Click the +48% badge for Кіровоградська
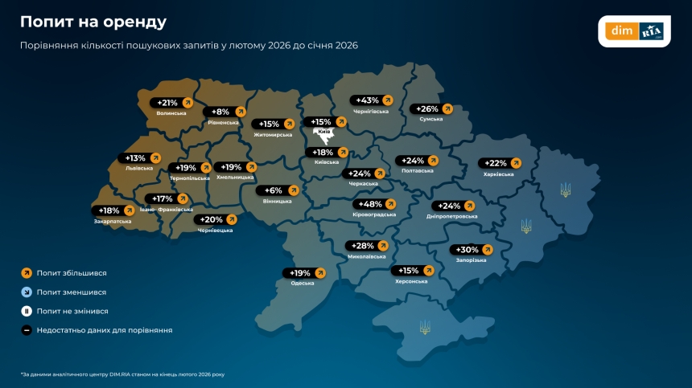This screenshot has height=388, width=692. [375, 204]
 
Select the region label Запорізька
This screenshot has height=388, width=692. [471, 260]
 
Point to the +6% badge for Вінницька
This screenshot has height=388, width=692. [278, 190]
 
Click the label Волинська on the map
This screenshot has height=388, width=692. [171, 113]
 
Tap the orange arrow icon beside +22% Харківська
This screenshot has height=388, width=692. [515, 163]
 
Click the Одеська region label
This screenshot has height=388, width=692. [303, 284]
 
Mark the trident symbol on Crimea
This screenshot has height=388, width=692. [425, 327]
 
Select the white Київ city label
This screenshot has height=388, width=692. [323, 131]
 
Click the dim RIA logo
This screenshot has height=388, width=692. [636, 31]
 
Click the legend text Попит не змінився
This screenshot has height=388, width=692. [72, 311]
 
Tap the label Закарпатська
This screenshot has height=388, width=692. [112, 221]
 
